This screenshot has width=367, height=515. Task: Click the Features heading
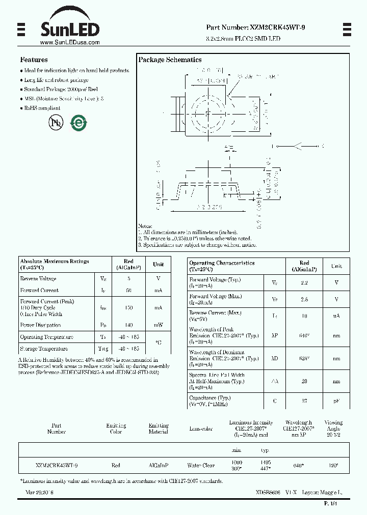coord(34,60)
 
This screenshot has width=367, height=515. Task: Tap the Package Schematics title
coord(170,60)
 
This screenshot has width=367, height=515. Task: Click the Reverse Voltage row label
coord(38,278)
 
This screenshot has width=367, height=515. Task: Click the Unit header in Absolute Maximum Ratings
coord(158,264)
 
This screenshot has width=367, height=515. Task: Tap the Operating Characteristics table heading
coord(222,263)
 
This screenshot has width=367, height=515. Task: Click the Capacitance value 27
coord(304,400)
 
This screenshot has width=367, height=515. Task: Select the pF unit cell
coord(336,400)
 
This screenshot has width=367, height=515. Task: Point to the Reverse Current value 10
coord(304,316)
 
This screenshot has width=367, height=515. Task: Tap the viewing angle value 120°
coord(333,465)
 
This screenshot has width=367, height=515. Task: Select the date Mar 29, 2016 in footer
coord(39,493)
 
